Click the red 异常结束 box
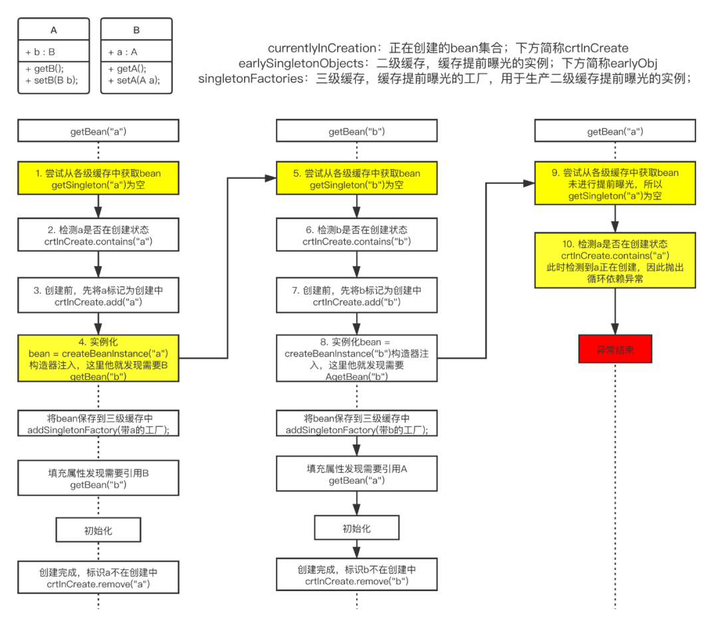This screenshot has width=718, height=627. tap(615, 349)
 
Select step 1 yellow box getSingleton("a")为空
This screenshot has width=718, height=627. tap(98, 179)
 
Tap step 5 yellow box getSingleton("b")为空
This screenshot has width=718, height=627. tap(357, 179)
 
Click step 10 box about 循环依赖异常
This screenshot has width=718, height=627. tap(615, 260)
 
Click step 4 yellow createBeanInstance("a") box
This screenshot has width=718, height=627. tap(98, 359)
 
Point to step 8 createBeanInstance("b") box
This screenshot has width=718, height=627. tap(357, 359)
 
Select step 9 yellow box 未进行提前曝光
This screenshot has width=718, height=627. tap(615, 185)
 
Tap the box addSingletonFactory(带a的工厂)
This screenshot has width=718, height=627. tap(98, 424)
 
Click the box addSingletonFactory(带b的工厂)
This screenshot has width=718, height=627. tap(357, 424)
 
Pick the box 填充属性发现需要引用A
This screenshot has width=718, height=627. tap(357, 475)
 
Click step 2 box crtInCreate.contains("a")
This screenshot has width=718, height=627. tap(98, 235)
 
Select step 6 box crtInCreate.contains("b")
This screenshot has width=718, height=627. tap(357, 235)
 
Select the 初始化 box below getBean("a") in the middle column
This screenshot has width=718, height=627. tap(357, 529)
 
